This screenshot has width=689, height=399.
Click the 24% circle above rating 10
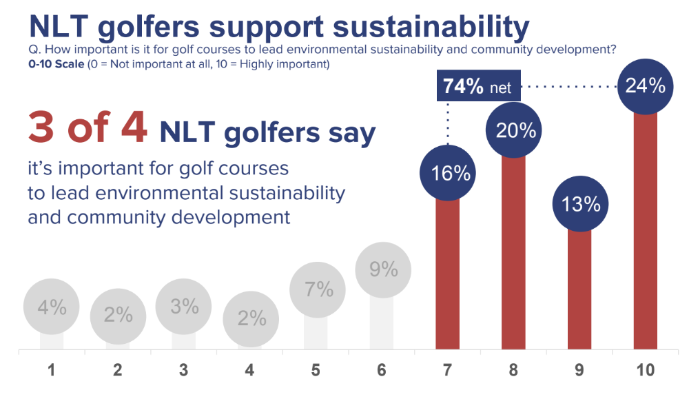click(x=646, y=86)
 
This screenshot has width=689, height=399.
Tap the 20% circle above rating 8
click(x=514, y=130)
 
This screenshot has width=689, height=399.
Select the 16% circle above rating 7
click(x=449, y=173)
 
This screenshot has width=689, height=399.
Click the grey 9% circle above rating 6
click(x=383, y=269)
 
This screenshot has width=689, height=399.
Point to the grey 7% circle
click(x=318, y=290)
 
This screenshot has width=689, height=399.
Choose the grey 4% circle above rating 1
click(x=52, y=307)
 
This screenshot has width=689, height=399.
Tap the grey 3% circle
click(x=184, y=306)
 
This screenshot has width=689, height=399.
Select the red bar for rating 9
click(x=579, y=289)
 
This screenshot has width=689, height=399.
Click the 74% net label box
click(x=477, y=88)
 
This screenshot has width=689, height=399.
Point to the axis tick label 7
click(x=448, y=371)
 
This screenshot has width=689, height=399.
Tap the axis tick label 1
click(x=52, y=371)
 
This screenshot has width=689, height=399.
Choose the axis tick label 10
click(x=646, y=371)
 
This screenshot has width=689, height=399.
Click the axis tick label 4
click(x=249, y=371)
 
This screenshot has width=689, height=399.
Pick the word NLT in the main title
click(x=59, y=27)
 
